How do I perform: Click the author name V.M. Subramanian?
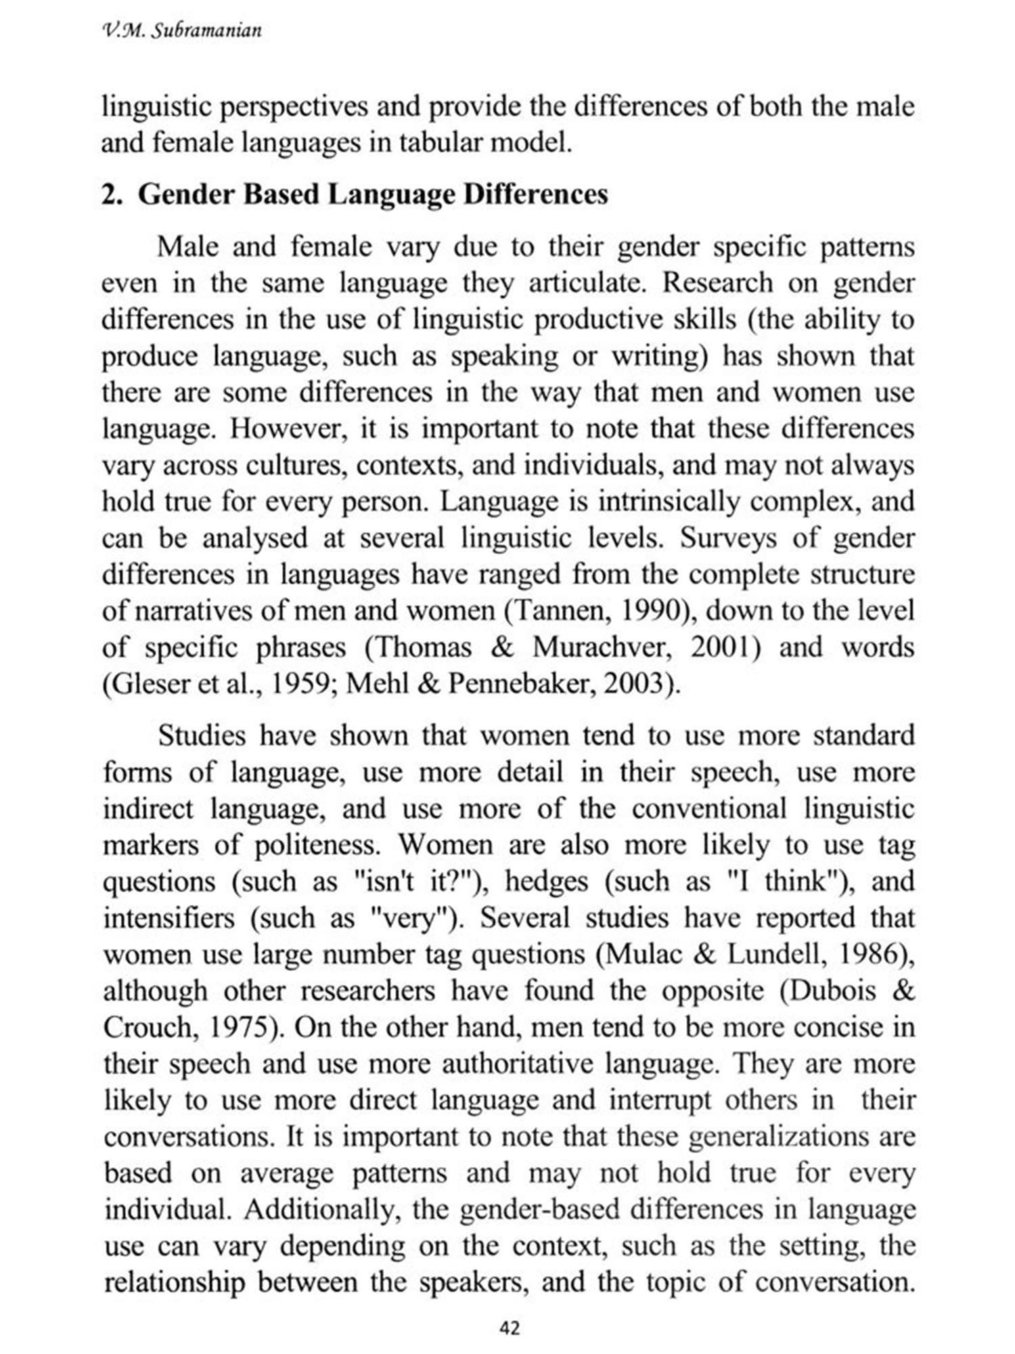coord(181,30)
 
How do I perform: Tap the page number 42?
coord(508,1328)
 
